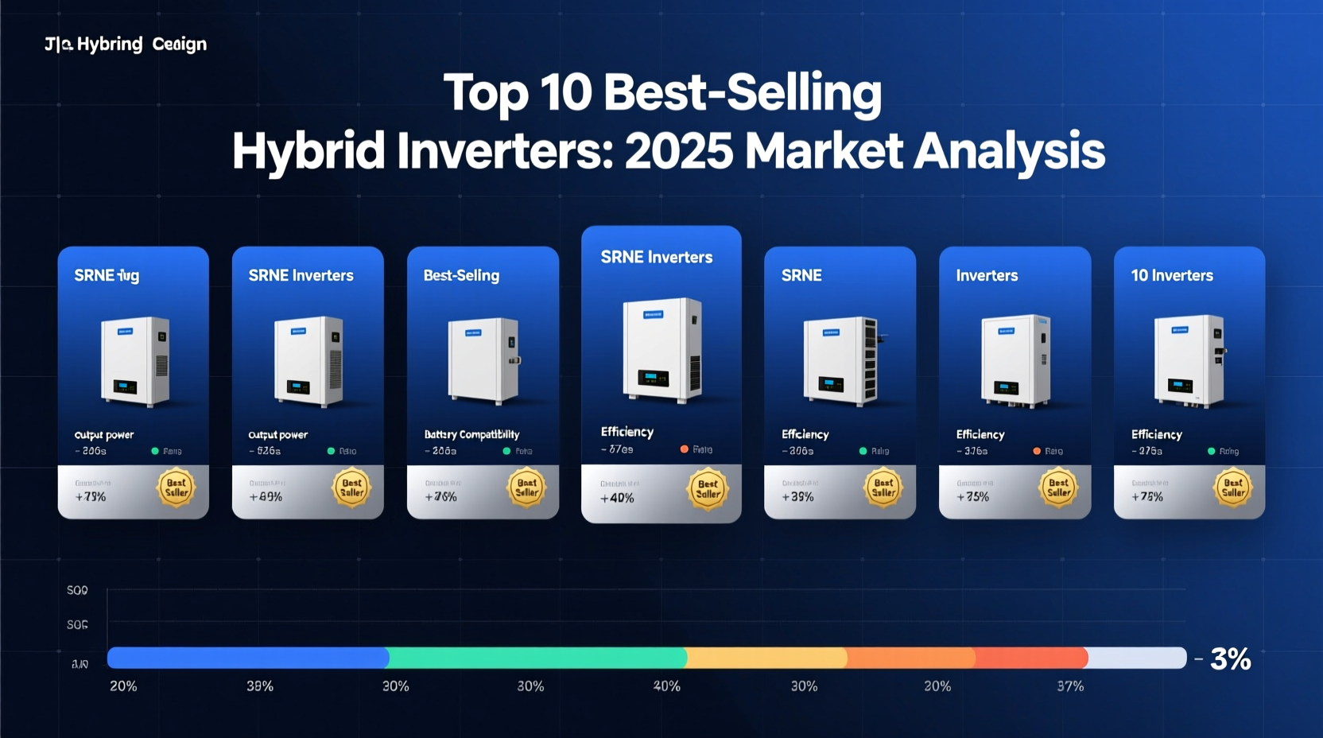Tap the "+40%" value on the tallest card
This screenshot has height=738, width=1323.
(x=617, y=499)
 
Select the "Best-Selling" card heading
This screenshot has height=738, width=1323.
(x=461, y=275)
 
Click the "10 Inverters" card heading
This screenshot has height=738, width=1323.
(x=1172, y=275)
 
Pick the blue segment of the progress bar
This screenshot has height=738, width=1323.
(x=247, y=658)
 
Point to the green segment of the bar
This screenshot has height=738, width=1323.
(x=537, y=658)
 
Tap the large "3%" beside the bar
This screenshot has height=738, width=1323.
(x=1230, y=659)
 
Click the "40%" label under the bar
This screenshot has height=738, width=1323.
(x=666, y=686)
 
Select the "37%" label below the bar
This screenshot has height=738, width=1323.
(x=1070, y=686)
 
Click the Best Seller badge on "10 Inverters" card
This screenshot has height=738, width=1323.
(x=1233, y=487)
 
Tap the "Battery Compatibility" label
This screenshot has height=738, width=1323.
(x=471, y=434)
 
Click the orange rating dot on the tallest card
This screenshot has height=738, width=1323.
(x=684, y=449)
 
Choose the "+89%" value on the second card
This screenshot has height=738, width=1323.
(x=266, y=497)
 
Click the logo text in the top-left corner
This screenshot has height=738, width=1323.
(x=126, y=44)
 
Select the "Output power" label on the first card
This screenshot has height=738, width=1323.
(x=104, y=435)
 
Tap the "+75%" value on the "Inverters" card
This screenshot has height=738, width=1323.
(x=972, y=497)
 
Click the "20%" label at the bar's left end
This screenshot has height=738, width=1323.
(x=123, y=686)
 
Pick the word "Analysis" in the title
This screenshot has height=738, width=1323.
(x=1009, y=151)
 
